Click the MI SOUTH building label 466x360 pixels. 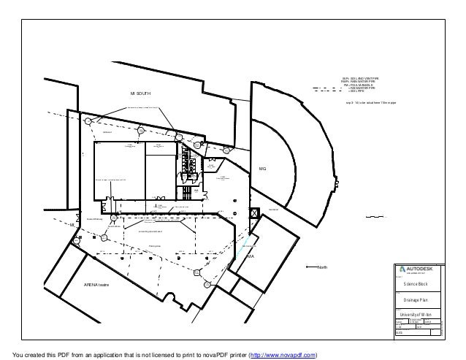coord(140,94)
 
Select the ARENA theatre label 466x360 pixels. coord(96,284)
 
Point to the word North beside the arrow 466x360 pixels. coord(323,267)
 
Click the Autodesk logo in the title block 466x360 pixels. coord(417,268)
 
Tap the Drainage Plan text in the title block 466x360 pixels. coord(416,299)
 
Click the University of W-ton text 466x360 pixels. coord(416,314)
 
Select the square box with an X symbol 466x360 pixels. coord(253,213)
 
